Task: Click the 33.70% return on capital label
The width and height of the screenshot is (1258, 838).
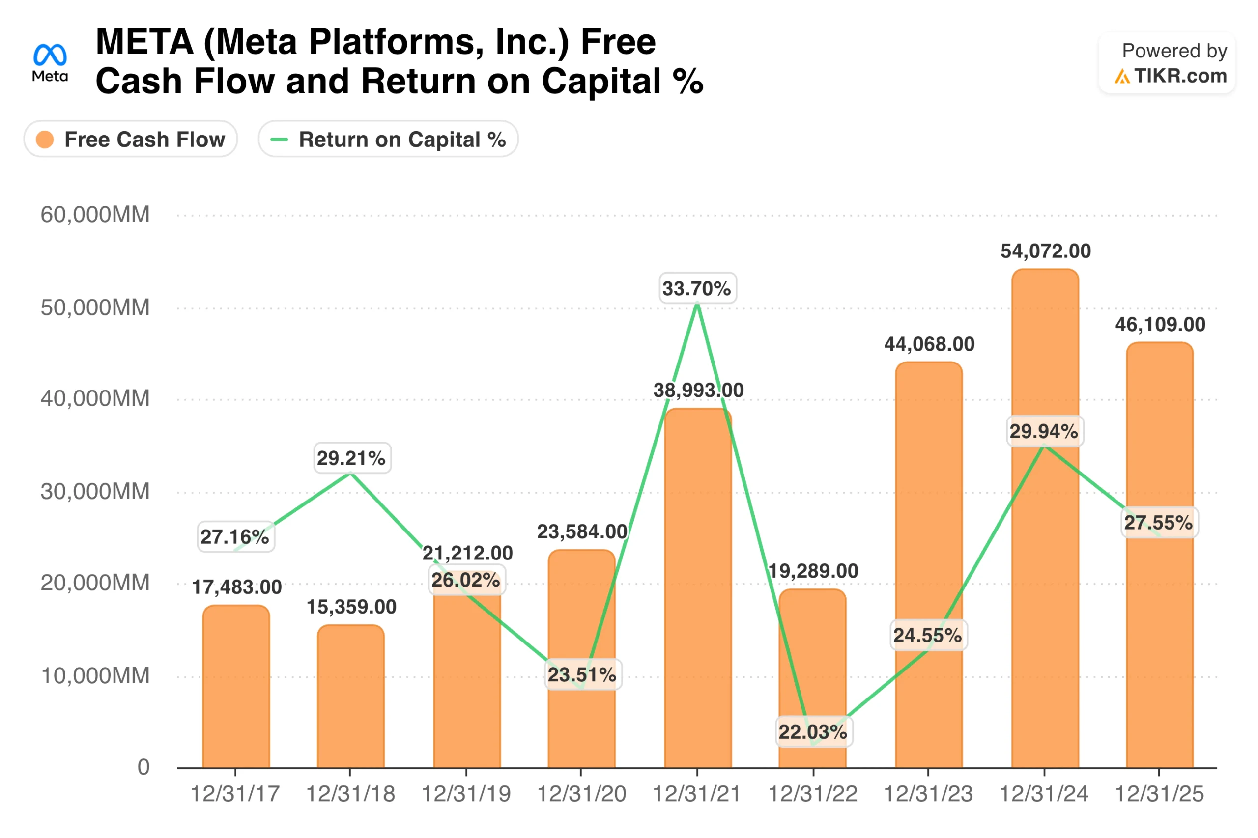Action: coord(697,289)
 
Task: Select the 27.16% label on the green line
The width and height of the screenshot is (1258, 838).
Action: coord(235,536)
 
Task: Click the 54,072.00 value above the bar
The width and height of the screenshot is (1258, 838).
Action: coord(1045,251)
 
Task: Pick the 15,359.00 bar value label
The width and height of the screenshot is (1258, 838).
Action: coord(351,607)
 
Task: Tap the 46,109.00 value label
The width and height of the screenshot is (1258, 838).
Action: coord(1160,324)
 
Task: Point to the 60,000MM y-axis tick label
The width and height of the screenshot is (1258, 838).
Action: coord(95,215)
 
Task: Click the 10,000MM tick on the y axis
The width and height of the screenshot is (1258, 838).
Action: coord(95,676)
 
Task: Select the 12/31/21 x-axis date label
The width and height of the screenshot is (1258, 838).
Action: coord(697,794)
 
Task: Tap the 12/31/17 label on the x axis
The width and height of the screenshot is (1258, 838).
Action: coord(235,794)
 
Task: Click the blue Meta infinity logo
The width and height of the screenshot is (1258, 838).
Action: coord(50,55)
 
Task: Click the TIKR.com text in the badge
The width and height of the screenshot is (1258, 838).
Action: coord(1180,76)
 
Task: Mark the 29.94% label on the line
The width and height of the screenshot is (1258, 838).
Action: coord(1044,431)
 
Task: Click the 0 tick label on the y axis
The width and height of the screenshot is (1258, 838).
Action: coord(143,767)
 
